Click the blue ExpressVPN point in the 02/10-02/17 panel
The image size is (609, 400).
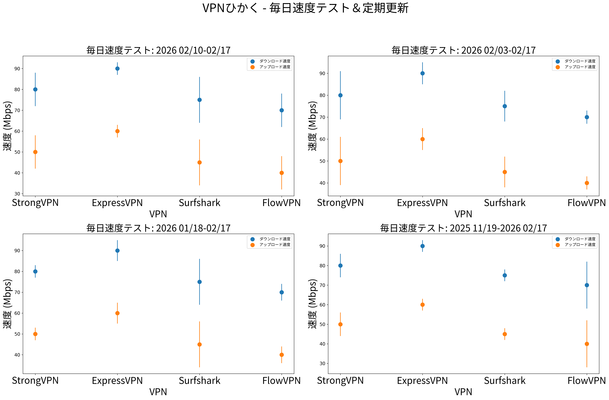click(x=117, y=69)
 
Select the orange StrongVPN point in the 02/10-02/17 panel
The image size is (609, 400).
click(x=35, y=152)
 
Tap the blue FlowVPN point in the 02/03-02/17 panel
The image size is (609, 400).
click(x=587, y=117)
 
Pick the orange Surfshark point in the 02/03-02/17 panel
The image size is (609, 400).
click(x=505, y=172)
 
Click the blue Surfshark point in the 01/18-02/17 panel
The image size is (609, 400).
click(x=200, y=282)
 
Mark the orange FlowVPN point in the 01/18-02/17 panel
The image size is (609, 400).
click(x=281, y=355)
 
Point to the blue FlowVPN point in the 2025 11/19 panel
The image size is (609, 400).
click(x=587, y=285)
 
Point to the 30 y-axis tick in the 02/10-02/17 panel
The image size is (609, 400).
click(x=17, y=194)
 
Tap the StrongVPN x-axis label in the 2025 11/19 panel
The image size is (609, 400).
click(x=340, y=381)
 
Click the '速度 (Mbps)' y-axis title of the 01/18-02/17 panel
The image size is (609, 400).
click(x=7, y=304)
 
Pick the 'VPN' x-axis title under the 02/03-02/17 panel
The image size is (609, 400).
click(x=463, y=214)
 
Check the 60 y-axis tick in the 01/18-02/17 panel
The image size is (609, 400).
click(x=17, y=313)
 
